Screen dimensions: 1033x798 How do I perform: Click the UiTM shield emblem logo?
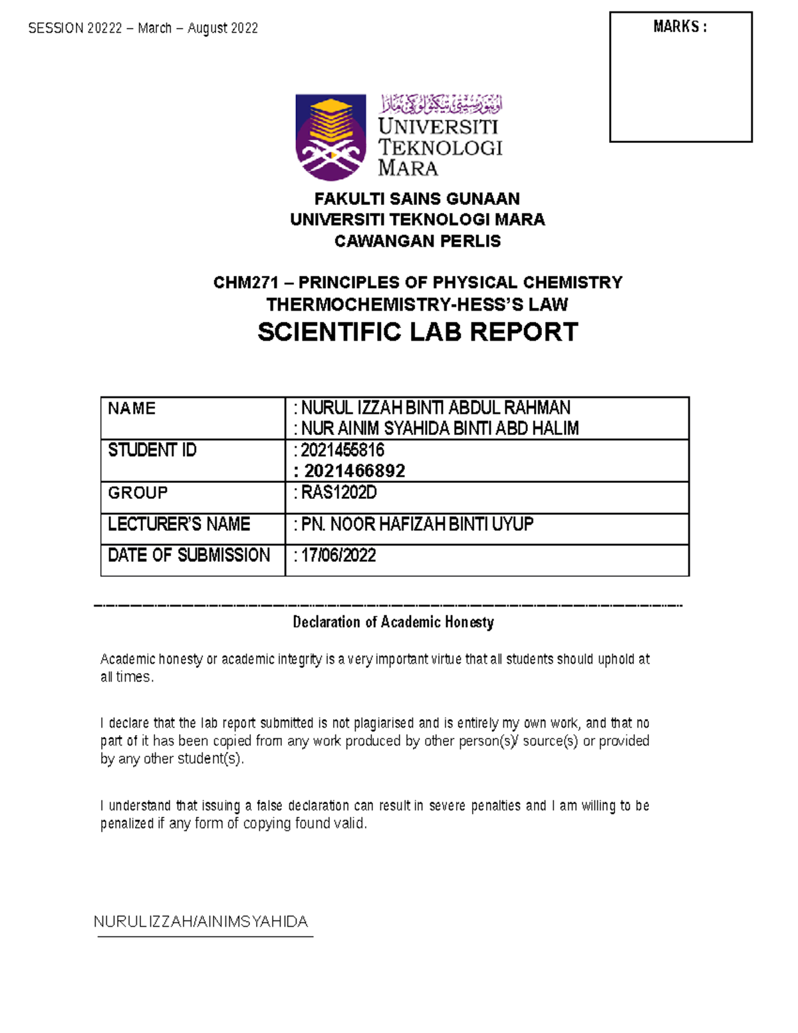tap(331, 136)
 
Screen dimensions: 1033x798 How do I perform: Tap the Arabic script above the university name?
tap(441, 104)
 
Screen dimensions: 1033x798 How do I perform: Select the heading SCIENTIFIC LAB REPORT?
tap(418, 332)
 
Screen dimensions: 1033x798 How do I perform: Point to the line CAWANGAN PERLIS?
tap(417, 241)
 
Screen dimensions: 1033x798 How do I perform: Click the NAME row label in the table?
tap(132, 408)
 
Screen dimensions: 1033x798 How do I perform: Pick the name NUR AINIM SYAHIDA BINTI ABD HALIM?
tap(440, 428)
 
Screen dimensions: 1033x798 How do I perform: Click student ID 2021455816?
tap(342, 450)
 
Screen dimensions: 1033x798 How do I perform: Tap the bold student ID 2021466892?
tap(354, 471)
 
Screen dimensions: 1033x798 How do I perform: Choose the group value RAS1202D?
tap(338, 493)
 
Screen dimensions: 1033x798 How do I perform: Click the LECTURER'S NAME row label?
tap(179, 524)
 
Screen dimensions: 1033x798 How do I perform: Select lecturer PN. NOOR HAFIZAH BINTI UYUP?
tap(417, 524)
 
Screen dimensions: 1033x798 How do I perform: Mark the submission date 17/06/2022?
tap(338, 555)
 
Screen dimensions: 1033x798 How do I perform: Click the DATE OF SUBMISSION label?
tap(189, 555)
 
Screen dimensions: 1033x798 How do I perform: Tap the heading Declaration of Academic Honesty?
tap(393, 623)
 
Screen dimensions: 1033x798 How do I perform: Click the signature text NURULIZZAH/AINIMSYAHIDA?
tap(201, 922)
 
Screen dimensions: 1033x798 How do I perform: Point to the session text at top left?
tap(143, 28)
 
